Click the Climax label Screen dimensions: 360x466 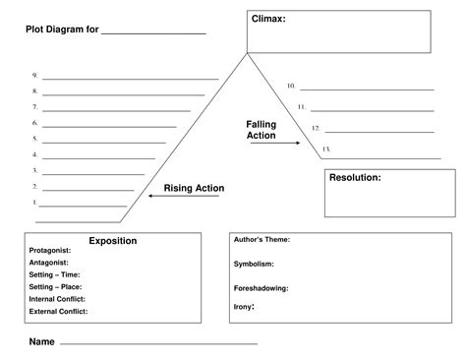coord(269,19)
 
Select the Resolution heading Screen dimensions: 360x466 coord(355,178)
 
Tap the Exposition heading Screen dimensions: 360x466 coord(112,241)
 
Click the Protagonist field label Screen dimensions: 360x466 coord(50,251)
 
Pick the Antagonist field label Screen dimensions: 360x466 coord(49,263)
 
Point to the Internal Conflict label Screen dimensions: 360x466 coord(58,298)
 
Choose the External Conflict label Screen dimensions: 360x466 coord(59,311)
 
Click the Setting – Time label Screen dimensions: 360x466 coord(55,274)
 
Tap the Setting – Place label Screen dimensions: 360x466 coord(57,286)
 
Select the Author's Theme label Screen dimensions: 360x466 coord(262,239)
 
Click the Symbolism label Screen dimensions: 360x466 coord(254,264)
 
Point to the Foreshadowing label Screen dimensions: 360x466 coord(260,288)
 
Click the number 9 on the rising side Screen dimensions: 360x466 coord(34,75)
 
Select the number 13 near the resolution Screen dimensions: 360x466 coord(325,149)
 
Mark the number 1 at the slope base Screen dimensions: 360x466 coord(34,203)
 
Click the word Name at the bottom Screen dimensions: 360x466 coord(41,342)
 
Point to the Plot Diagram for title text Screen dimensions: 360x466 coord(62,30)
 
